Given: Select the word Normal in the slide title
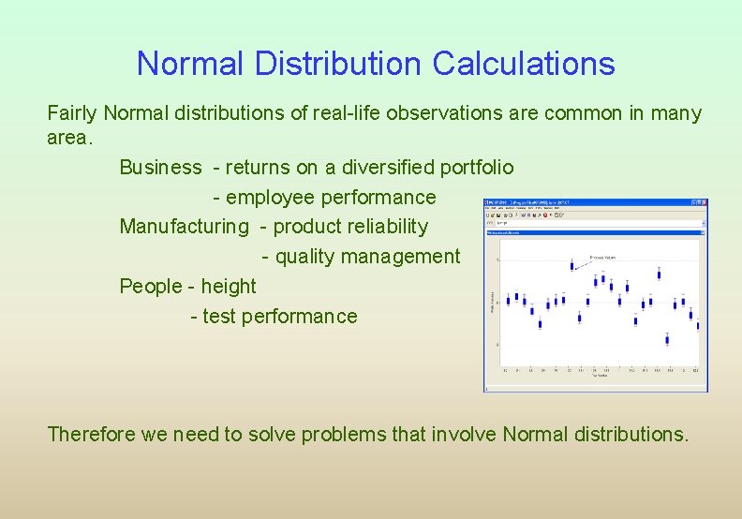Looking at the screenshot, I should (185, 64).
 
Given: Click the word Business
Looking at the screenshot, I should (160, 168).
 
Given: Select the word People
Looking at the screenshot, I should (152, 286).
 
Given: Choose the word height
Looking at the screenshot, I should (228, 286).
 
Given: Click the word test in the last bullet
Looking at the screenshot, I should (219, 317).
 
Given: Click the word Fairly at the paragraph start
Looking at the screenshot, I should (73, 114).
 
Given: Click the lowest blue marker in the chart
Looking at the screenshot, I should (667, 339).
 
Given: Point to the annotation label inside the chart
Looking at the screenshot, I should (602, 255).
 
